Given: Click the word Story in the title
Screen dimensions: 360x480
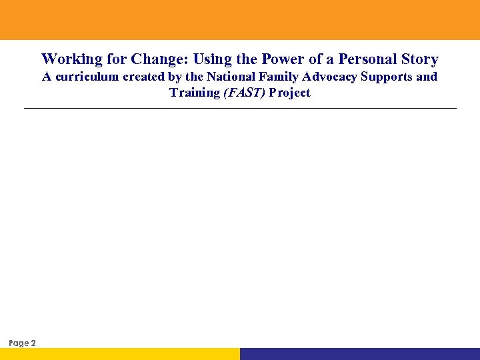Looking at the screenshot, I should [x=418, y=60].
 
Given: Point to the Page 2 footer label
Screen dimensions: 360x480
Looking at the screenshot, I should [x=23, y=343].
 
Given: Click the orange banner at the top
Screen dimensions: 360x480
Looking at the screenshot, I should [x=240, y=20].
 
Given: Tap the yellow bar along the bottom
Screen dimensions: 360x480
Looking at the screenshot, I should [x=120, y=354].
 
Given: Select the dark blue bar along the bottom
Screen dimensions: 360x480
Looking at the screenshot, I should [x=360, y=354].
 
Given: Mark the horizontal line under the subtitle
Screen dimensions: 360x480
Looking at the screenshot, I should [x=240, y=108].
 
